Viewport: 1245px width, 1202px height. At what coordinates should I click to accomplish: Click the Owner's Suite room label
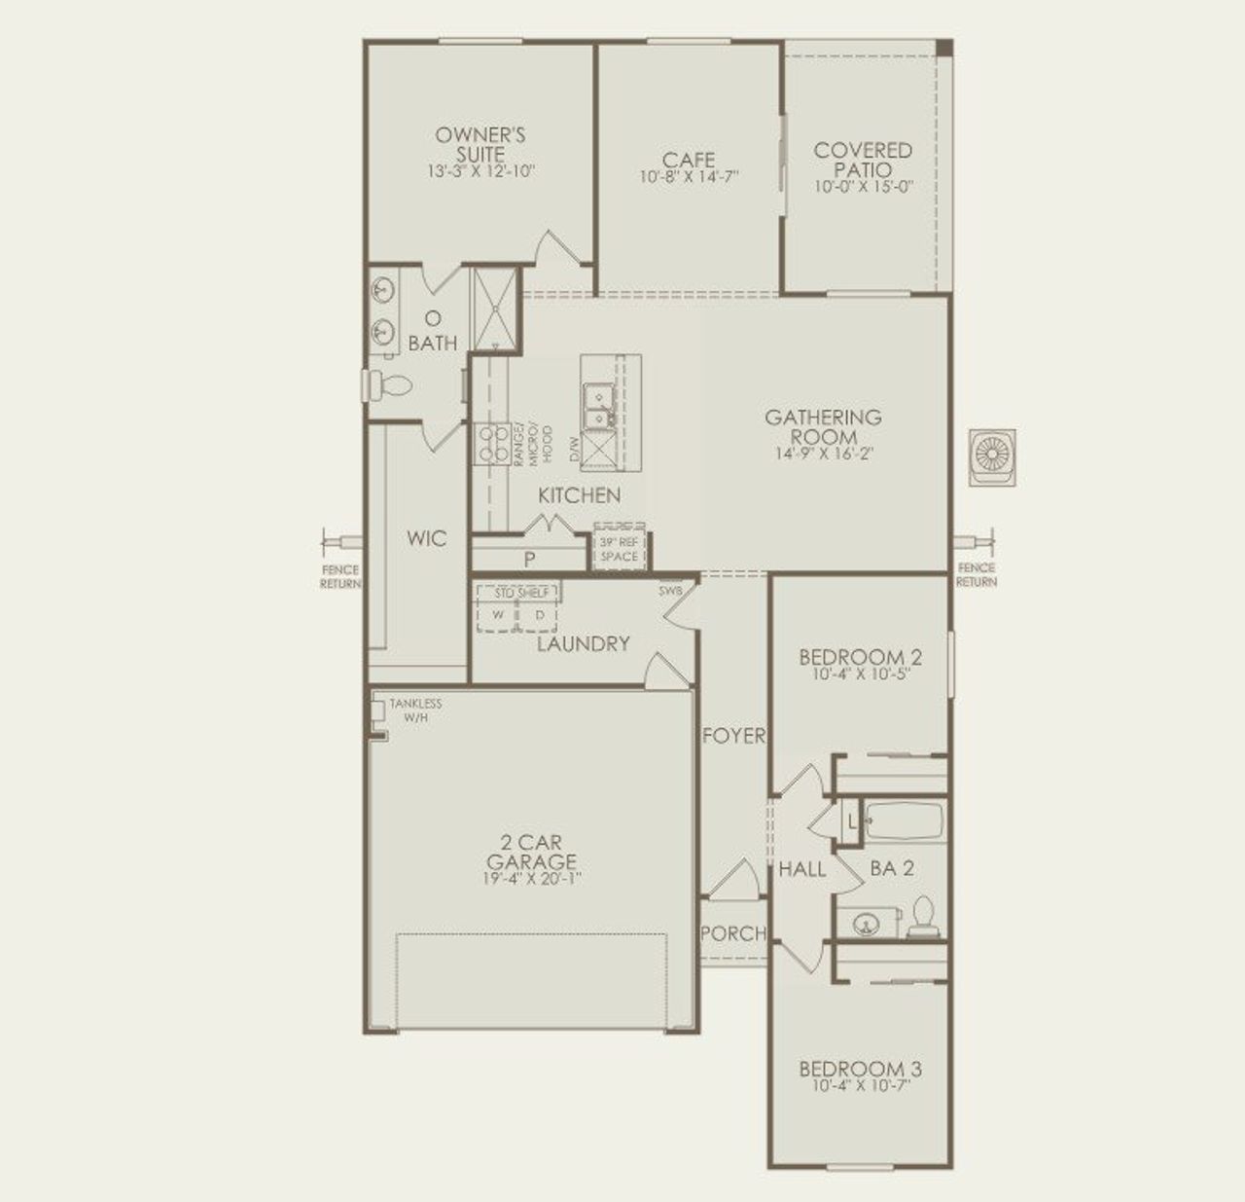480,145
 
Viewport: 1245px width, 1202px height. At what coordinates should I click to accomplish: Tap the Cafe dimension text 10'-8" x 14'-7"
689,177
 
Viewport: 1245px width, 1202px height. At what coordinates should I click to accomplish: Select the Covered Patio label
863,160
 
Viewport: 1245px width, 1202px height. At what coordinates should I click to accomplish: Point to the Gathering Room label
823,426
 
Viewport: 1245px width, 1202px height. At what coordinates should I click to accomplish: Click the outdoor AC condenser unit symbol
993,455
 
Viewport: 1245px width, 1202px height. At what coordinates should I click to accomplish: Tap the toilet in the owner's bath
391,385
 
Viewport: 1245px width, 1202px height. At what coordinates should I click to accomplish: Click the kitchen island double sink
597,406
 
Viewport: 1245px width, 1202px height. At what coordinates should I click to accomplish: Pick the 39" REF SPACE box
620,550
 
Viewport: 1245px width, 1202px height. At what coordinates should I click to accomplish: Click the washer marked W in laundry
498,615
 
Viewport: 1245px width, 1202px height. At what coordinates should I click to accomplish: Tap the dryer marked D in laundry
539,615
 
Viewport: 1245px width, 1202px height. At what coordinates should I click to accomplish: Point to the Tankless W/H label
414,710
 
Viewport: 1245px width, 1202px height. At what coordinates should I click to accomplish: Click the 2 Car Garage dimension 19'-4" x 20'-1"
531,879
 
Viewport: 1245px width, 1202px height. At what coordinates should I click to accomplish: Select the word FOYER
733,737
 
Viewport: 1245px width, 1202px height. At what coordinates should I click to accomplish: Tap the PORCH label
732,933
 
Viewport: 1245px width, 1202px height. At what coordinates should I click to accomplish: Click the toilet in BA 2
922,918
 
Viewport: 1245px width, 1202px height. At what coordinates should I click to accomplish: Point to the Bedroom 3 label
860,1069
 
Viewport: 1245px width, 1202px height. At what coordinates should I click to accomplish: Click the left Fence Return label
340,576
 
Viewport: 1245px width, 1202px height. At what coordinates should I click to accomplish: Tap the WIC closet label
426,538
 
